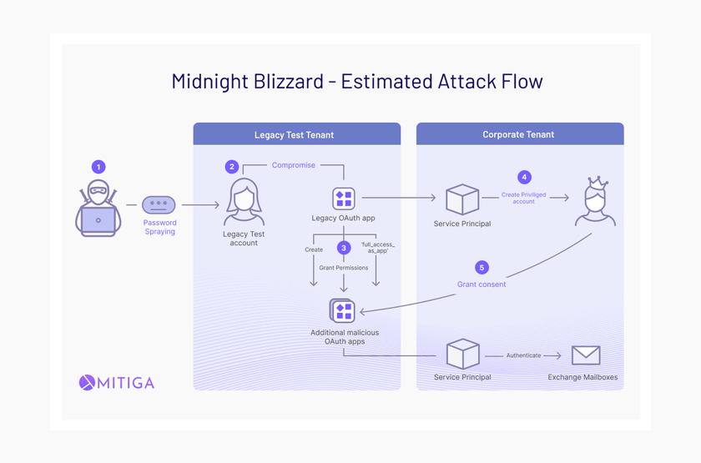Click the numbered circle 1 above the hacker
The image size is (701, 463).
point(98,167)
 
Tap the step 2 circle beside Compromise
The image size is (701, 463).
point(232,167)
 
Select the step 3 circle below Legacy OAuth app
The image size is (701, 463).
point(344,248)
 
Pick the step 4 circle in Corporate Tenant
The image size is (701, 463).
point(524,177)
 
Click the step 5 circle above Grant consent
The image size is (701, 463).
point(482,268)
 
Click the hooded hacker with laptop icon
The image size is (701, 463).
point(98,209)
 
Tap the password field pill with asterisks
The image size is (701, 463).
point(159,204)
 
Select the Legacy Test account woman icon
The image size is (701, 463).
point(244,203)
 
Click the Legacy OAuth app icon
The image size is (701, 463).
point(344,199)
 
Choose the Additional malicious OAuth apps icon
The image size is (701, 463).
point(343,311)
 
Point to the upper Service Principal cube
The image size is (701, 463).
point(462,199)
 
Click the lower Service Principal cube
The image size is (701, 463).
point(462,354)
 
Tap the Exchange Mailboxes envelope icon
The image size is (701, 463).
point(586,355)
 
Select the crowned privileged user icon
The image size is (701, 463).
point(596,201)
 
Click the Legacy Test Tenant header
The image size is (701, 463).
point(296,134)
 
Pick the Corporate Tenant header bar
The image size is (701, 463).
point(519,134)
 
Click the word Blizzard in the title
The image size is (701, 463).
point(288,82)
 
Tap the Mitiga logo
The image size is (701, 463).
point(117,383)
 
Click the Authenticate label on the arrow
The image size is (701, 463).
point(523,355)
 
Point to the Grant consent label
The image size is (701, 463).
point(482,284)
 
